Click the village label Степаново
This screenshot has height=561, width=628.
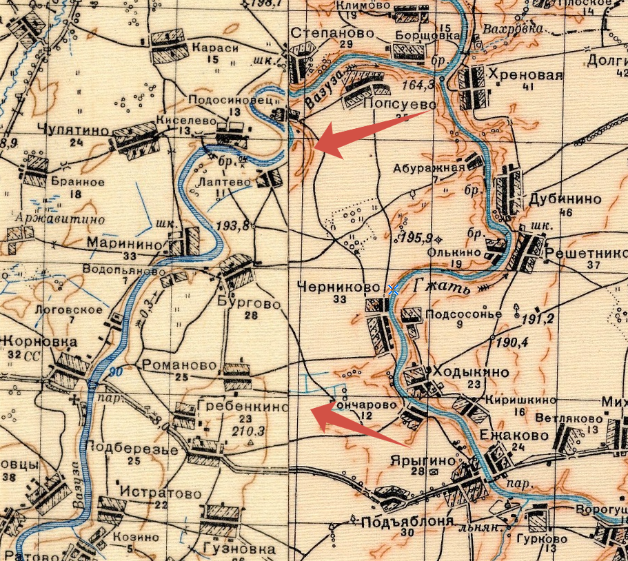332,33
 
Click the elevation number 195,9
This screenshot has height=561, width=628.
418,238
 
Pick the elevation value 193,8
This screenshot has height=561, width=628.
232,225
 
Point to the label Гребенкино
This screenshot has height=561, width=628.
242,407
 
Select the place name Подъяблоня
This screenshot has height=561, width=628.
398,521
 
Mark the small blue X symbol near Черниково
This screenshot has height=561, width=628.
393,290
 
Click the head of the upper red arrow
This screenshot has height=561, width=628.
316,143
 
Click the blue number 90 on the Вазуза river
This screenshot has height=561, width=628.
114,372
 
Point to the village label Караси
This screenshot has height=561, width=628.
215,48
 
